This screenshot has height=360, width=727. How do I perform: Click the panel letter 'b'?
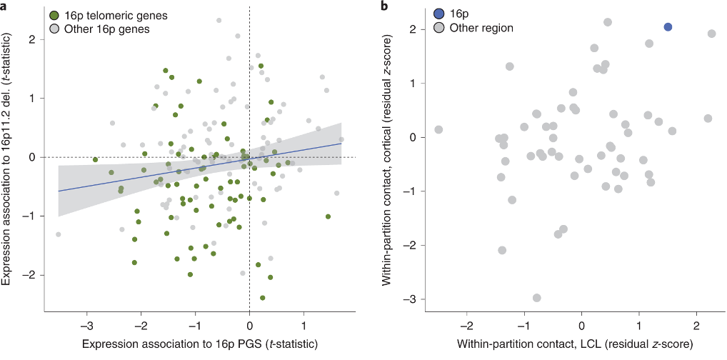pyautogui.click(x=386, y=6)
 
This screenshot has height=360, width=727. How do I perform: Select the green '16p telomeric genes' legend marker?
pyautogui.click(x=55, y=15)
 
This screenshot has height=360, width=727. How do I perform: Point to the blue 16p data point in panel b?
pyautogui.click(x=668, y=27)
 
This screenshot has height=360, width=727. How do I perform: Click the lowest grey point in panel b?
pyautogui.click(x=536, y=298)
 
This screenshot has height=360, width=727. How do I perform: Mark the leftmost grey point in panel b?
pyautogui.click(x=438, y=129)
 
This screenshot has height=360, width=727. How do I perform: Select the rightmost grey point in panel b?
pyautogui.click(x=712, y=34)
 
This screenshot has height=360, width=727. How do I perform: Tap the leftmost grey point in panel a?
pyautogui.click(x=58, y=234)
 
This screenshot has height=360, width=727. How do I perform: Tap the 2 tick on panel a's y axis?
pyautogui.click(x=32, y=39)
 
